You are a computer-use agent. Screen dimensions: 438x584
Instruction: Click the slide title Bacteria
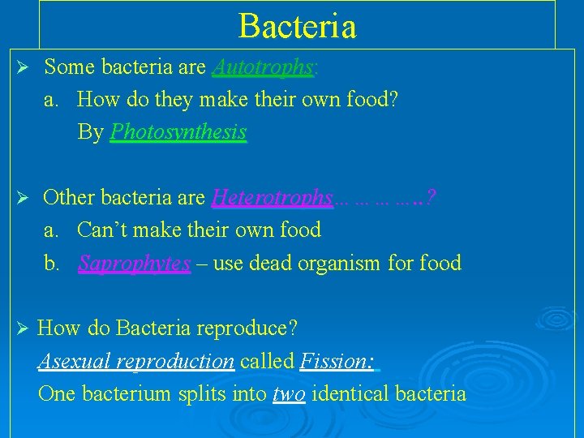tap(297, 26)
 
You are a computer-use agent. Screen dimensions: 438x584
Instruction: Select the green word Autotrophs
tap(262, 67)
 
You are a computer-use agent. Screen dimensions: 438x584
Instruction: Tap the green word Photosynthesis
tap(178, 132)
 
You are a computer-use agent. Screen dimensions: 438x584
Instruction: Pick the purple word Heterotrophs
tap(272, 198)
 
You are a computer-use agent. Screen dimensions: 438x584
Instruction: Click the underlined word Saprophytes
tap(135, 264)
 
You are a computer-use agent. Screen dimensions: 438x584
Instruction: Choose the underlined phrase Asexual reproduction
tap(136, 361)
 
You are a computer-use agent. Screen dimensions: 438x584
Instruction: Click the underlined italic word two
tap(289, 394)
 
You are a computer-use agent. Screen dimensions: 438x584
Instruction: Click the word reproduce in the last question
tap(251, 329)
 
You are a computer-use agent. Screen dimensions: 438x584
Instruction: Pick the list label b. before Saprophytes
tap(52, 264)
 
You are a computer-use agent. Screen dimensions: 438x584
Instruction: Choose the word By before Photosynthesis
tap(90, 132)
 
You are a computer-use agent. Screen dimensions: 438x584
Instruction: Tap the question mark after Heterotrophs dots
tap(431, 198)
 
